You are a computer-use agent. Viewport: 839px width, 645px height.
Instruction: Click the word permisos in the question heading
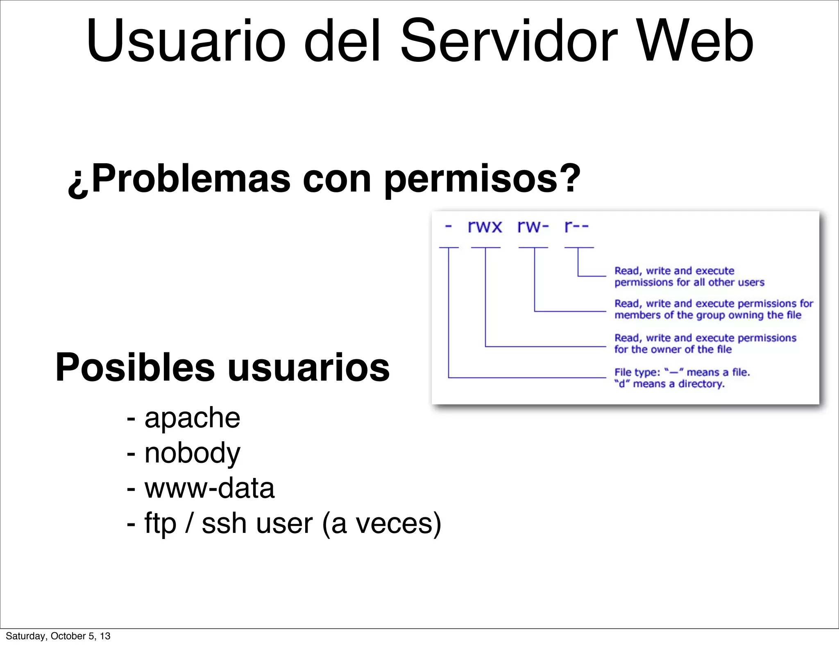pos(482,179)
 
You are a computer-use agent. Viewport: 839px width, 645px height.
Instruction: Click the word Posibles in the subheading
pos(135,368)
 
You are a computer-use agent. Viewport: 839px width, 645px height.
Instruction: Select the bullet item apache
pos(192,418)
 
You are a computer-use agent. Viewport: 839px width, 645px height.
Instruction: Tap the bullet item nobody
pos(192,453)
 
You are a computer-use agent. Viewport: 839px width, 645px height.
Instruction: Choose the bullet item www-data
pos(209,488)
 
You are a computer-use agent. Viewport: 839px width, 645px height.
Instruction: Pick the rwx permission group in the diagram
pos(485,226)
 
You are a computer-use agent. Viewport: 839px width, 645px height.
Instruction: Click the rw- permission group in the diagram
pos(533,226)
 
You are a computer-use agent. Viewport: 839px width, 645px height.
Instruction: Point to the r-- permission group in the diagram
pos(576,226)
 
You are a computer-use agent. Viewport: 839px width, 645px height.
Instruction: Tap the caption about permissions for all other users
pos(689,277)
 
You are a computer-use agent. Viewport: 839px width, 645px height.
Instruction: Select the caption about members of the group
pos(713,309)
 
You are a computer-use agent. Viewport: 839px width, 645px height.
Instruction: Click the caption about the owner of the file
pos(705,344)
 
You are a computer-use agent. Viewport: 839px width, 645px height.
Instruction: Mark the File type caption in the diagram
pos(682,378)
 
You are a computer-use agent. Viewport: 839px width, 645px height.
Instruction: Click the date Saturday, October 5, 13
pos(58,636)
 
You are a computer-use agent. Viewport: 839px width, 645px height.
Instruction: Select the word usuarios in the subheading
pos(308,368)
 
